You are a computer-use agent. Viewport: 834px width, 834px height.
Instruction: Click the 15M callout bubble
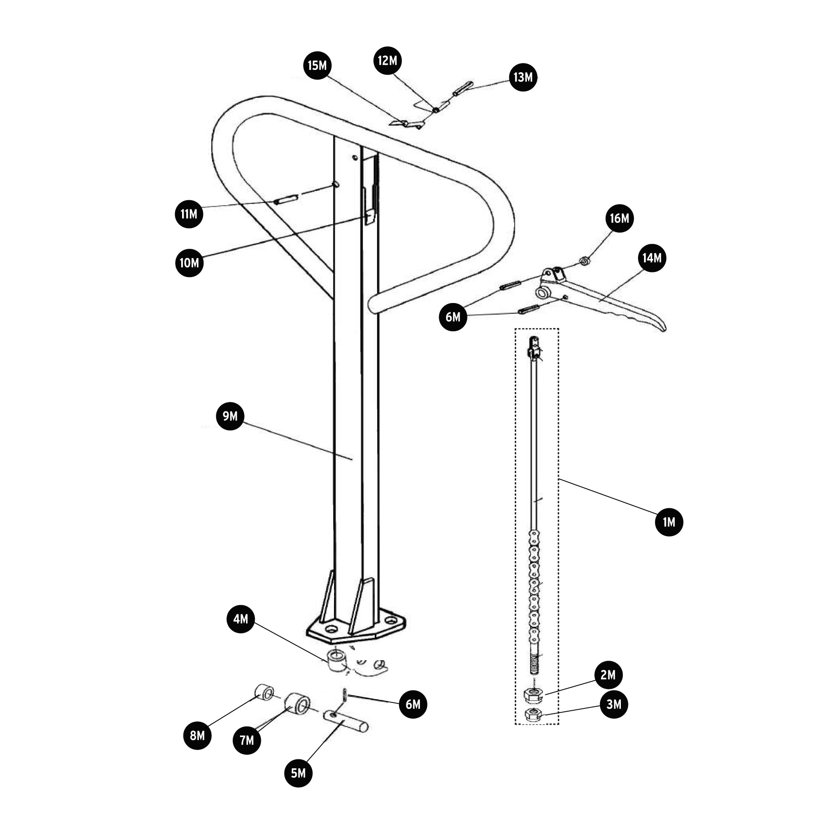coord(317,65)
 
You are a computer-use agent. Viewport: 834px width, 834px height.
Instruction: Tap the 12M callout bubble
coord(387,61)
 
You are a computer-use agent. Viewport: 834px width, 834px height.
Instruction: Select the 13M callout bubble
coord(523,77)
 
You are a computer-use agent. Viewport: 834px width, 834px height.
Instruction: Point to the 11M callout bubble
coord(189,214)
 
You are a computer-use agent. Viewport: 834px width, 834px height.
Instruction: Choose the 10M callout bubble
coord(189,263)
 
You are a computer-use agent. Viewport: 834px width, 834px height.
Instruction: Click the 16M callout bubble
coord(619,218)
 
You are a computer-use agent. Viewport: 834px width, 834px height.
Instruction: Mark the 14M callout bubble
coord(652,258)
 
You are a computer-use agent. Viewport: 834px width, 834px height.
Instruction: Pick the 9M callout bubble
coord(230,416)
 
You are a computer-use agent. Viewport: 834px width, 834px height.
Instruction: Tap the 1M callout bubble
coord(669,522)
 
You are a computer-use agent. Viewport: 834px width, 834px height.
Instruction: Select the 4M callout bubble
coord(241,619)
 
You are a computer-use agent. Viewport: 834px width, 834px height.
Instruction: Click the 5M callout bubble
coord(298,773)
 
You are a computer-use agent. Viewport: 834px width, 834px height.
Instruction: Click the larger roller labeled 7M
coord(297,704)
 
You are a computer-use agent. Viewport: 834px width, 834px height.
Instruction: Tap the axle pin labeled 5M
coord(346,721)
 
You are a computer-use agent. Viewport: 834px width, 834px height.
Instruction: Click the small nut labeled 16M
coord(585,262)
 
